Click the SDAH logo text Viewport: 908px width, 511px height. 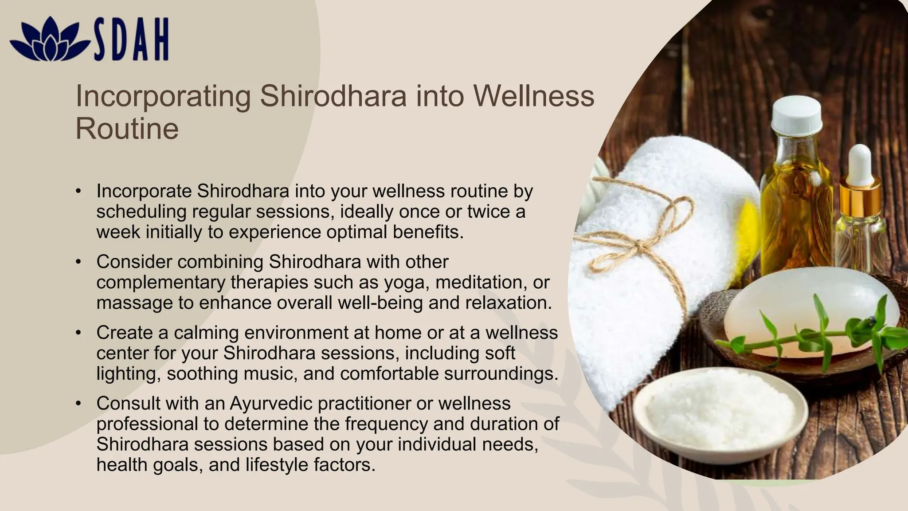pos(131,39)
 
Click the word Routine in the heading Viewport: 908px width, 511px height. pos(127,129)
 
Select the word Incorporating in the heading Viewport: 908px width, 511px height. pos(163,96)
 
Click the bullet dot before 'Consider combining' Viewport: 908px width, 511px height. pos(78,262)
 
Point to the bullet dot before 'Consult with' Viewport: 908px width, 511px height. pos(78,404)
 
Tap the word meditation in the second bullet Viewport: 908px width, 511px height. pos(480,283)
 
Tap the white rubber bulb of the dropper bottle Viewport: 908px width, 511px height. pos(861,164)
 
